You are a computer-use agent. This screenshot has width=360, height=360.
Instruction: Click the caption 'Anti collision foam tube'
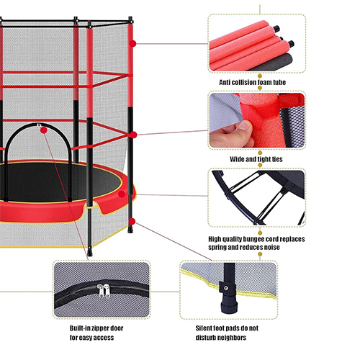pos(252,82)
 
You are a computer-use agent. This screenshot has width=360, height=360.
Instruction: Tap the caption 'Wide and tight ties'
pos(256,159)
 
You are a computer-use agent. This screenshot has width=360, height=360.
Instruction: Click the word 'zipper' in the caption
pos(100,328)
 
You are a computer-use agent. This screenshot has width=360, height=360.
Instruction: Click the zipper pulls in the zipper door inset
pos(104,290)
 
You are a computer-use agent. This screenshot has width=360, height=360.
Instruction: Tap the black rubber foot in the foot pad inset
pos(229,305)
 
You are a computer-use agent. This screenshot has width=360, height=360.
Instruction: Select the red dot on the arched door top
pos(44,130)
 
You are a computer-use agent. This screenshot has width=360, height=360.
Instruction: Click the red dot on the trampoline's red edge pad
pos(122,194)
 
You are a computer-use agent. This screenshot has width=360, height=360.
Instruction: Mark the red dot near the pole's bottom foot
pos(132,222)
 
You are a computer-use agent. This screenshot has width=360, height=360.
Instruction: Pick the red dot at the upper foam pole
pos(132,44)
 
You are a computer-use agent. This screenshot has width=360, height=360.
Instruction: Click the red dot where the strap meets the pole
pos(133,135)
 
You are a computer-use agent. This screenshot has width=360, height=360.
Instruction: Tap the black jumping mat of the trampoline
pos(60,182)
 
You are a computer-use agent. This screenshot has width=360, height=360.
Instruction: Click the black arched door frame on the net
pos(38,125)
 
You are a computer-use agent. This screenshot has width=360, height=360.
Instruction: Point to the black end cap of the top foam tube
pos(276,29)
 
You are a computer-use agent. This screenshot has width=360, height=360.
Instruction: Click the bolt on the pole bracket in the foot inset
pos(225,287)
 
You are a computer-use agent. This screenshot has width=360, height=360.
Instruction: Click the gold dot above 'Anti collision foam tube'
pos(260,76)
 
